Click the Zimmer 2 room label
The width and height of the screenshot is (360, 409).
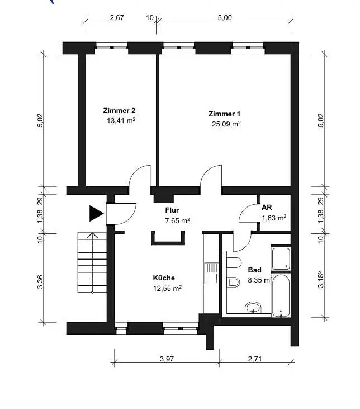tap(119, 111)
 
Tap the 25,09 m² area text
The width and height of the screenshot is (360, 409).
tap(226, 124)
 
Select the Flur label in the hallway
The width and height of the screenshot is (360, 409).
tap(172, 210)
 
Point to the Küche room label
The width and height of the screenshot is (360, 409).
tap(164, 278)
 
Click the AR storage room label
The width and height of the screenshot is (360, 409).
tap(267, 208)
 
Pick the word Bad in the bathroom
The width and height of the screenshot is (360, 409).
tap(254, 270)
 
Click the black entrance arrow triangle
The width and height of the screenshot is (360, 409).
tap(96, 213)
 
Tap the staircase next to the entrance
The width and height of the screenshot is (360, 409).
tap(92, 262)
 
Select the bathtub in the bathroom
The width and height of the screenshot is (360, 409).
tap(281, 295)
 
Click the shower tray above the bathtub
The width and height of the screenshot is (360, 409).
tap(281, 258)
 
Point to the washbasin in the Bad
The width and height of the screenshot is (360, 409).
tap(253, 308)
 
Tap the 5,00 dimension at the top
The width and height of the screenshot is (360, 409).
tap(225, 17)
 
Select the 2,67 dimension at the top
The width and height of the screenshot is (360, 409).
tap(117, 17)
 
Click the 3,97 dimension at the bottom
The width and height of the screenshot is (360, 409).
tap(167, 359)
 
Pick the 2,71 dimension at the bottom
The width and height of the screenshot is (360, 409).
tap(255, 359)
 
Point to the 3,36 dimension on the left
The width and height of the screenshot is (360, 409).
tap(40, 281)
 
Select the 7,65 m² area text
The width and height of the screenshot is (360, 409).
tap(178, 220)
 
